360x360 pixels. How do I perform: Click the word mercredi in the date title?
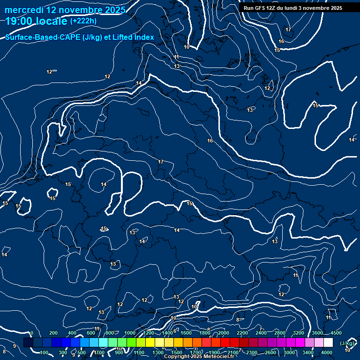[23, 10]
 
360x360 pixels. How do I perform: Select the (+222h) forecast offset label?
[83, 21]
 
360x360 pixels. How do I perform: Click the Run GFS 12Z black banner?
[293, 8]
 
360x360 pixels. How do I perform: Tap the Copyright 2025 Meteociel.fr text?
[199, 357]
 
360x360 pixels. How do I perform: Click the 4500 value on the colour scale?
[336, 333]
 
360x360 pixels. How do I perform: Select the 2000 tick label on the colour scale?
[224, 333]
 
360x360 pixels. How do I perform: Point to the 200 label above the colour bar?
[53, 333]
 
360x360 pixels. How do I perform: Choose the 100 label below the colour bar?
[45, 352]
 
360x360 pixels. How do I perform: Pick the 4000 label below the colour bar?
[327, 352]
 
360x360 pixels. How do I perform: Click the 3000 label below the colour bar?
[289, 352]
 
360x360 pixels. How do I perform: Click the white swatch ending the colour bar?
[328, 343]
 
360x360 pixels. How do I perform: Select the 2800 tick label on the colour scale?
[280, 333]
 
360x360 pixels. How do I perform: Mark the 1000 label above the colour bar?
[130, 333]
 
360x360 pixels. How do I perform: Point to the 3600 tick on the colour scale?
[317, 333]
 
